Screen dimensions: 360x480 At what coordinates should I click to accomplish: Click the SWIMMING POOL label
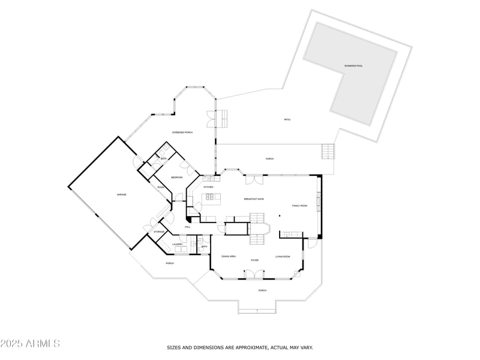tap(354, 65)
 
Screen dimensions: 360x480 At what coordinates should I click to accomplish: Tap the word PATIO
tap(287, 119)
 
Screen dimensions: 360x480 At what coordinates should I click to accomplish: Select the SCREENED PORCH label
tap(182, 132)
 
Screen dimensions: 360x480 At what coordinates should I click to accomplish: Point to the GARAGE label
tap(121, 194)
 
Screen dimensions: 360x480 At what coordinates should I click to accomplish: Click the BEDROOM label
tap(176, 178)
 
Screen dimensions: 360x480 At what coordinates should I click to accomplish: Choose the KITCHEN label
tap(208, 187)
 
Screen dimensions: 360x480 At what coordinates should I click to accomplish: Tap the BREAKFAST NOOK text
tap(254, 199)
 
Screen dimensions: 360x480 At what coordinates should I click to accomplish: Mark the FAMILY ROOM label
tap(299, 206)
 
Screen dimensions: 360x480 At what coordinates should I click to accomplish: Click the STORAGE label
tap(159, 232)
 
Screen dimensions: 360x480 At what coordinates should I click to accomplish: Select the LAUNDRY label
tap(177, 244)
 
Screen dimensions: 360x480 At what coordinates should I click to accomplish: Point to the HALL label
tap(188, 227)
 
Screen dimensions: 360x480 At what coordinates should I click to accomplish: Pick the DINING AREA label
tap(229, 256)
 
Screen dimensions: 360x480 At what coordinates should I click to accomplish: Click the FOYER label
tap(254, 260)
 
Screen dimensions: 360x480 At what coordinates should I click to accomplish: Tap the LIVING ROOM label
tap(283, 256)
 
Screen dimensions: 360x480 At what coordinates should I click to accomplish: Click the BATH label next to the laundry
tap(204, 247)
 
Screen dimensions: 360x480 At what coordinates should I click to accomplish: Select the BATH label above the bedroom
tap(163, 158)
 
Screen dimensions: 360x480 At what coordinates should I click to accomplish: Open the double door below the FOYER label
tap(254, 274)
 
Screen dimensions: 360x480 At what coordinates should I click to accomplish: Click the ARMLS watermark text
tap(30, 344)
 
